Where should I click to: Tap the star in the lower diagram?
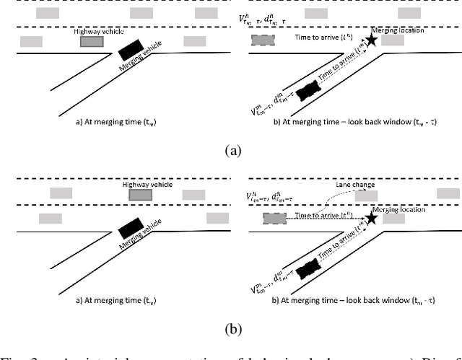pos(371,217)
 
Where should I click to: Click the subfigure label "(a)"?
pos(232,150)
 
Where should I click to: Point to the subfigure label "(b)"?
pos(232,329)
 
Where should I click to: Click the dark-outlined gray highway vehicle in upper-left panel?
pos(92,42)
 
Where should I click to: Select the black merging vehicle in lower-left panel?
pos(131,231)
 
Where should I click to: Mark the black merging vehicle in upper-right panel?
pos(307,91)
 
